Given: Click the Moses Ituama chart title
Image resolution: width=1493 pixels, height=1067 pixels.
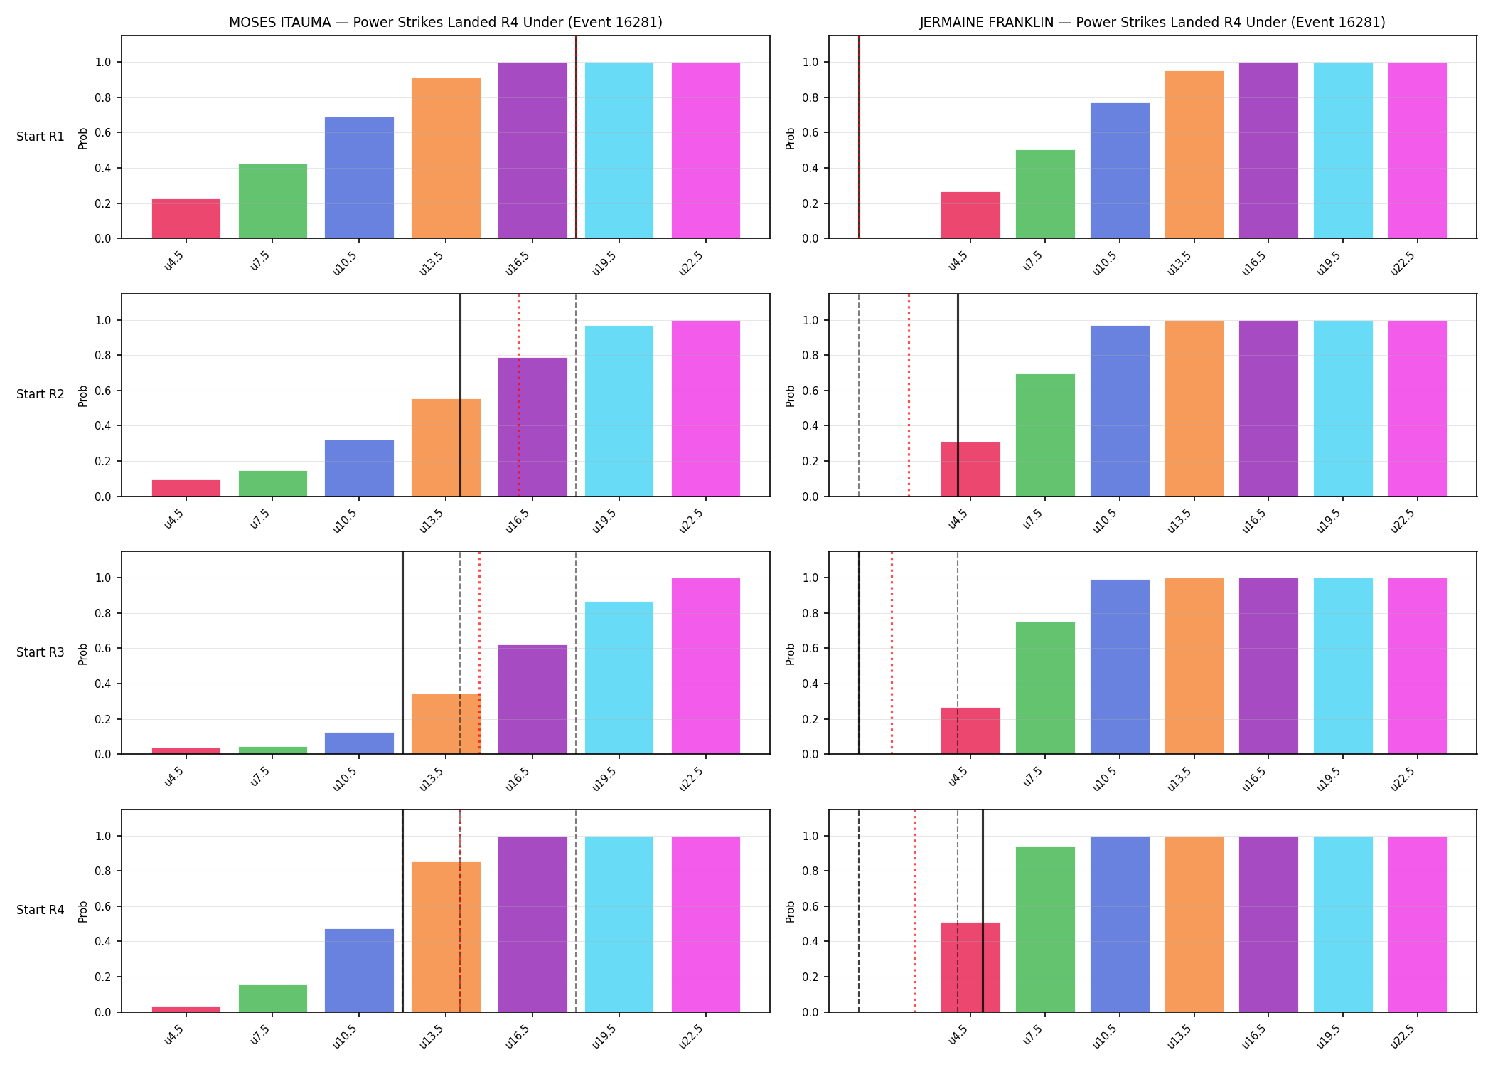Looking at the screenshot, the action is click(x=445, y=22).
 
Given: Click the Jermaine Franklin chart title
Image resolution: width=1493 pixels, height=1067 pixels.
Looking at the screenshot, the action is click(x=1152, y=22).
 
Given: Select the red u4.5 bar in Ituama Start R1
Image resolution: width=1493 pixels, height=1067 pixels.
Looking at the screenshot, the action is click(x=186, y=218).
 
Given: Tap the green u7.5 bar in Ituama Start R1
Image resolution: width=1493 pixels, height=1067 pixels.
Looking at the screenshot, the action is click(x=273, y=201).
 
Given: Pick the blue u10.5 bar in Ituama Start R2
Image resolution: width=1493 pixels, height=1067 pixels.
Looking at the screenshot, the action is click(x=359, y=468).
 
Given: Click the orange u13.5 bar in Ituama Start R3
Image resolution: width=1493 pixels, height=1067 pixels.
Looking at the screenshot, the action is click(x=446, y=724).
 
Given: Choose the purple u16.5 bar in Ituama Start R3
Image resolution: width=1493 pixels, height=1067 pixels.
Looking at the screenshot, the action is click(x=533, y=699).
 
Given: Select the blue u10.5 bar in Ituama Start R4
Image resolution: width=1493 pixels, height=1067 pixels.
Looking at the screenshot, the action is click(x=359, y=970).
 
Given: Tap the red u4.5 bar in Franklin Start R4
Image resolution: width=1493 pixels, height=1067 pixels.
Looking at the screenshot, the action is click(x=970, y=967).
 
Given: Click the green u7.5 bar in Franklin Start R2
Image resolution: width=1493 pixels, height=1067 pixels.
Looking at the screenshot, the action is click(x=1045, y=435).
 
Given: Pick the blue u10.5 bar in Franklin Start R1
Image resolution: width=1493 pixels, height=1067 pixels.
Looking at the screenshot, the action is click(x=1120, y=171).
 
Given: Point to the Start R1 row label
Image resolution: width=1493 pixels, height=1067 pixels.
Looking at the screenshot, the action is click(x=41, y=137).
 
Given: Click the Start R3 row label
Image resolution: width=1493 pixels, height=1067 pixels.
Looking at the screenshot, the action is click(x=41, y=652).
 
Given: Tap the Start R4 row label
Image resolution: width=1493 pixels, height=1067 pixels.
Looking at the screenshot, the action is click(x=41, y=910).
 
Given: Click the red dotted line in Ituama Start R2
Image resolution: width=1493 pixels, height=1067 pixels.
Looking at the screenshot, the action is click(x=518, y=395).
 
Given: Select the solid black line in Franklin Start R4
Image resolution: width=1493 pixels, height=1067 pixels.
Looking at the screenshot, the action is click(x=983, y=911).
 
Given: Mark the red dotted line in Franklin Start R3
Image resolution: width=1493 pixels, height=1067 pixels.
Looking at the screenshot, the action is click(x=892, y=652).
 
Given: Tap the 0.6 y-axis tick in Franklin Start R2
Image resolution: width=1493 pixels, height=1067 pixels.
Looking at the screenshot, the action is click(x=810, y=391).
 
